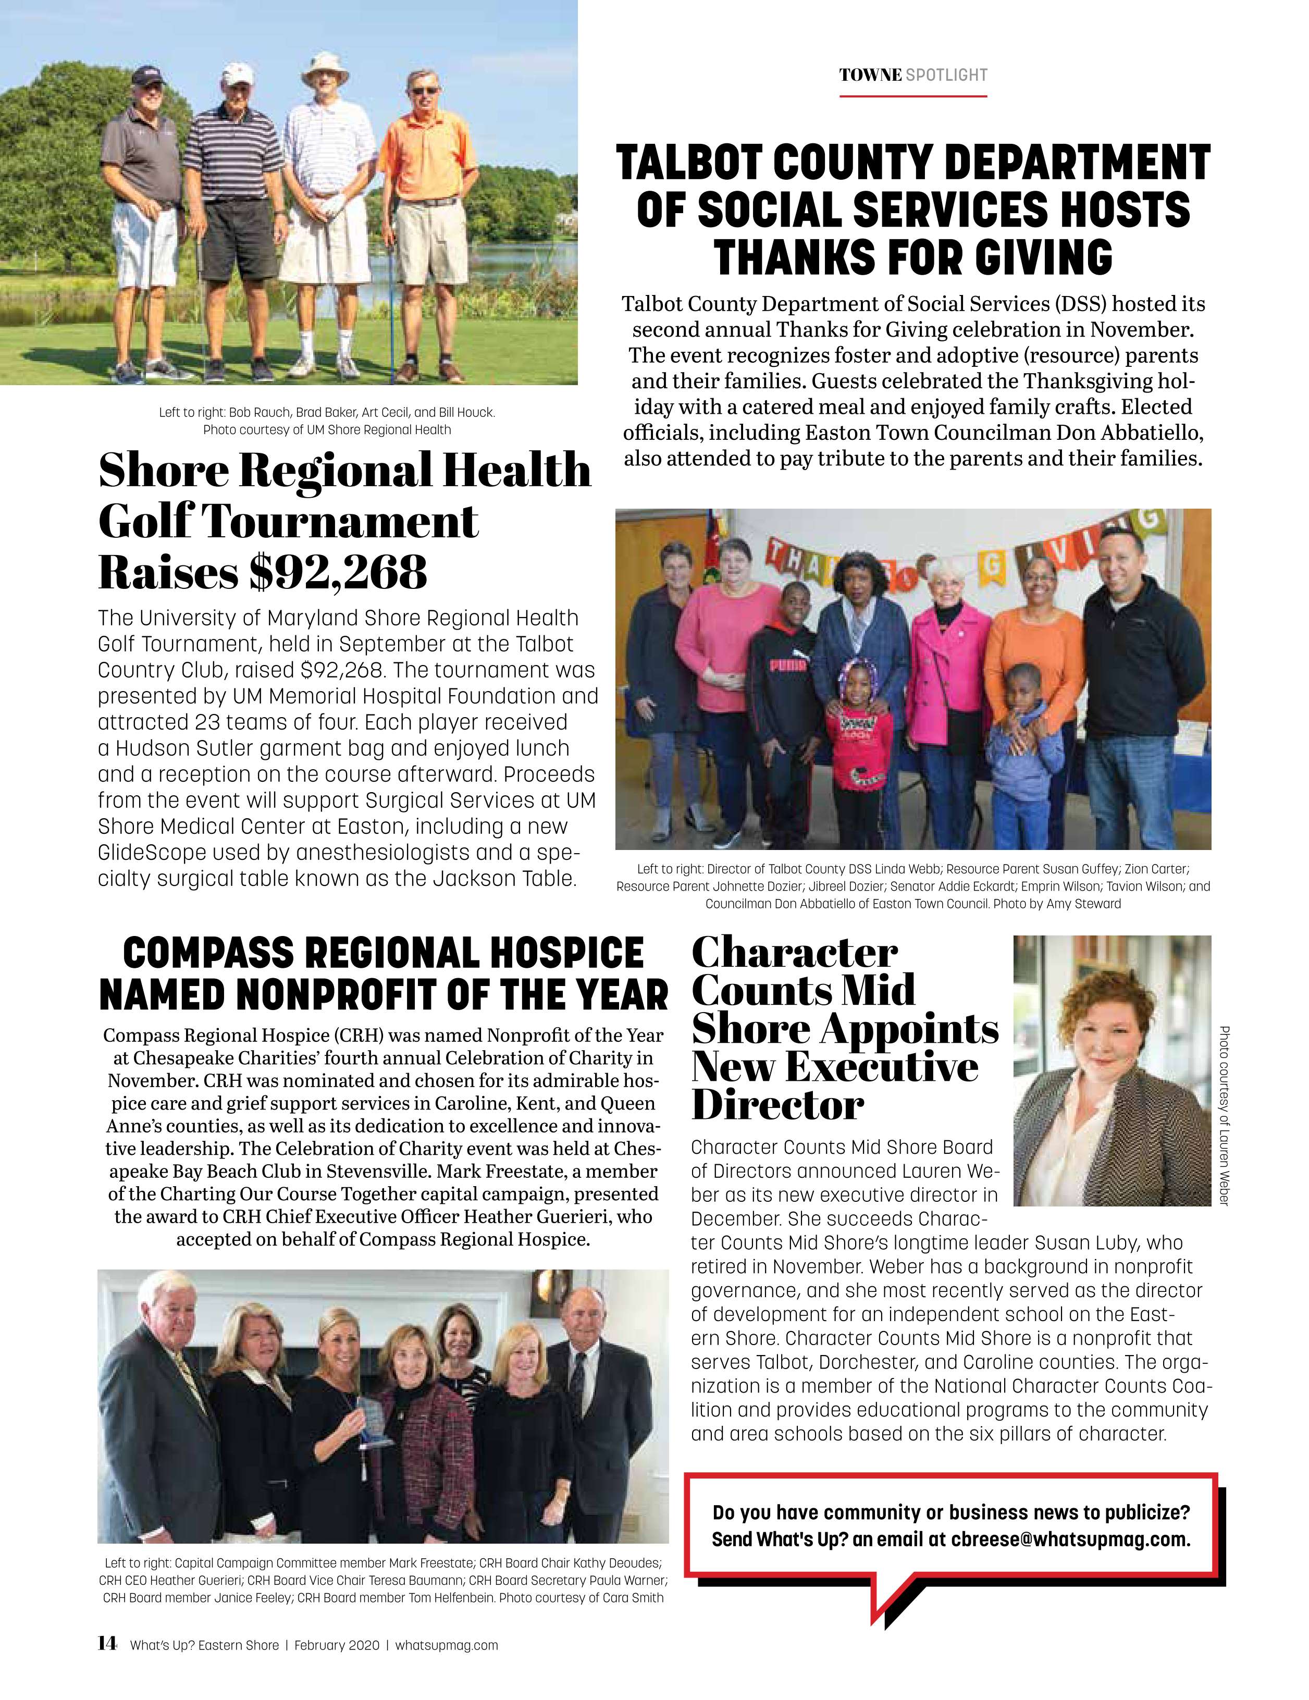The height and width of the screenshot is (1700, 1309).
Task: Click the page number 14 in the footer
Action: pos(107,1643)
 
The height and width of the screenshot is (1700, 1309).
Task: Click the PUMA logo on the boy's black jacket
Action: pos(782,667)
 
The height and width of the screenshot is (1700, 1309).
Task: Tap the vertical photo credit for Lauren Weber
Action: pos(1224,1115)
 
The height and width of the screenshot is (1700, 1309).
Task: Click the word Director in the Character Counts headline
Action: pos(777,1105)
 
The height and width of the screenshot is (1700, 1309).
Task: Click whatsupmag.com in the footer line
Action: pos(446,1645)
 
